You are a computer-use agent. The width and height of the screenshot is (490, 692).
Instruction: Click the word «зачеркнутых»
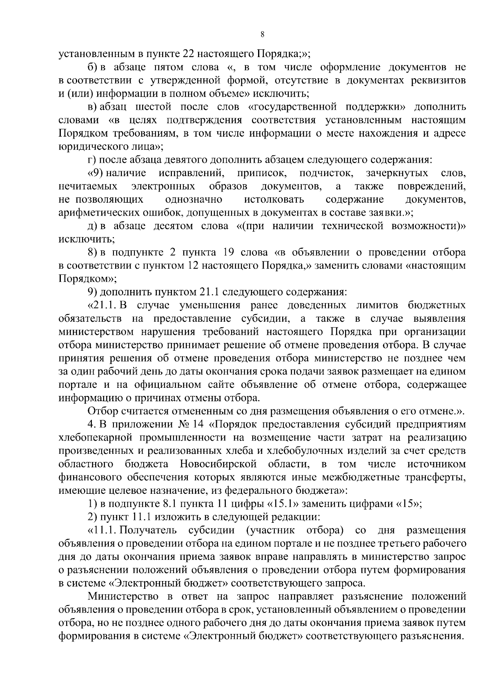(397, 173)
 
